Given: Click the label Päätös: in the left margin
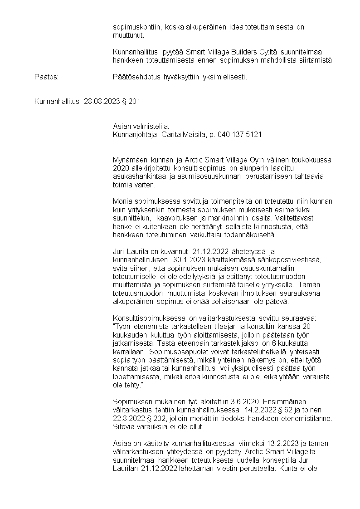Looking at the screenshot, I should [x=47, y=77].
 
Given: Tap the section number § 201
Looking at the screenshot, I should [x=131, y=102].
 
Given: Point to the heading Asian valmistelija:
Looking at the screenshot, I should [x=141, y=127].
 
